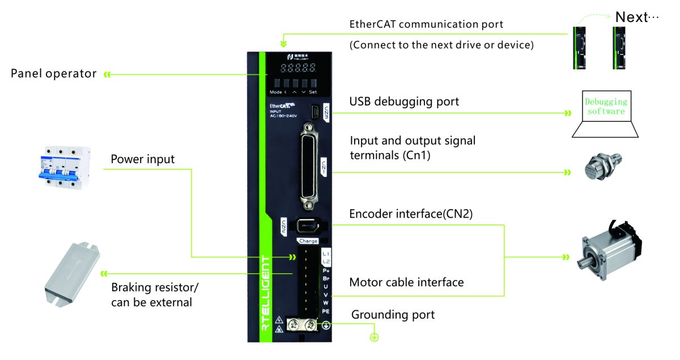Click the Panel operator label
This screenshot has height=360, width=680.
(x=54, y=74)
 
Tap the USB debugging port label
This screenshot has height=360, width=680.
(x=404, y=102)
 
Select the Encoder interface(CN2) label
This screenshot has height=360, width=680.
(x=411, y=214)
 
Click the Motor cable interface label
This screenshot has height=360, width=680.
(x=406, y=282)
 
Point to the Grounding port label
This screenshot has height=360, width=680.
(x=393, y=315)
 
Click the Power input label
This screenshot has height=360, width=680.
(x=143, y=159)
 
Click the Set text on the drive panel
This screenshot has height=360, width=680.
(x=313, y=92)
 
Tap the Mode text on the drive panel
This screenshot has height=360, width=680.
(x=276, y=92)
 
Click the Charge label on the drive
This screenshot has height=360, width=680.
(x=308, y=241)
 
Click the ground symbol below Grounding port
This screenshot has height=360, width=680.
(x=374, y=338)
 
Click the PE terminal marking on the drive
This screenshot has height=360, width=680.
(x=326, y=312)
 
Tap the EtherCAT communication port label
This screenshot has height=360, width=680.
(x=426, y=25)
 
